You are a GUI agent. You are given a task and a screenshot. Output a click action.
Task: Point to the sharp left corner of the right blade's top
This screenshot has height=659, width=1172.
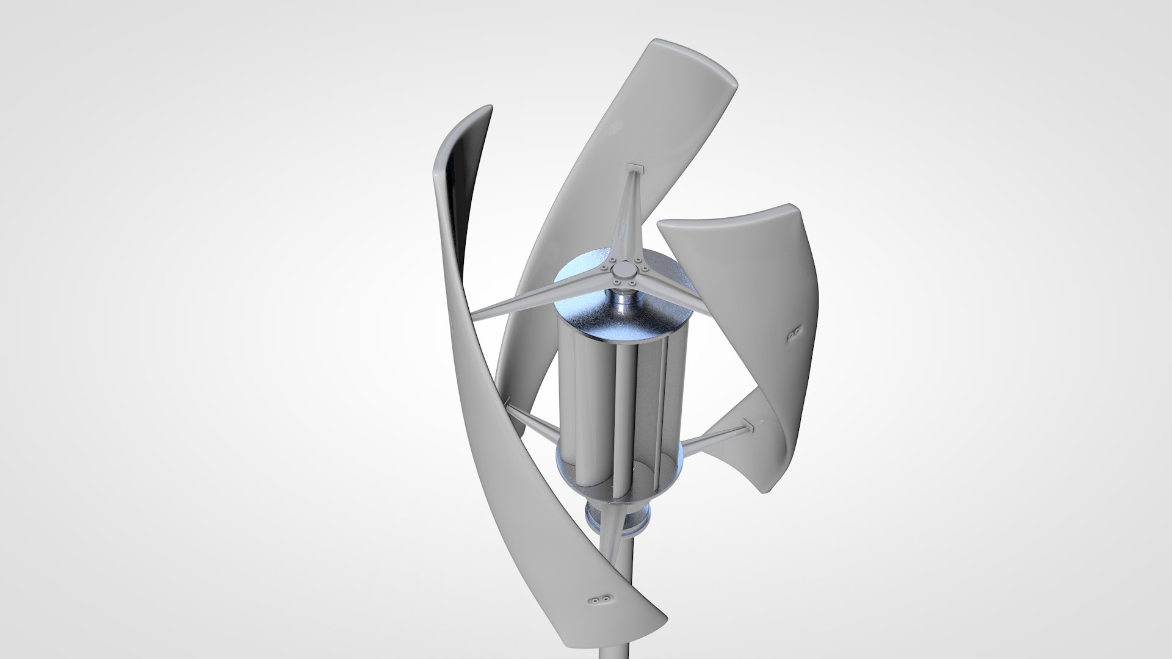(x=659, y=226)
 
